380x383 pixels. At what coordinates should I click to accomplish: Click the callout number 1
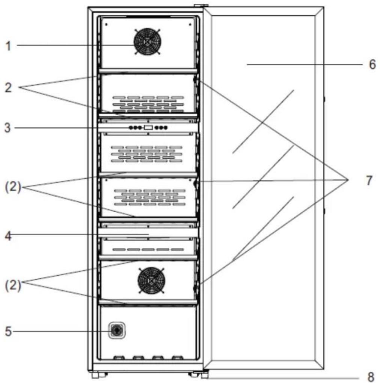9,46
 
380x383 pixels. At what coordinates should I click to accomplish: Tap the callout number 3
8,128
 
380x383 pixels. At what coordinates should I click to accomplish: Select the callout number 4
8,236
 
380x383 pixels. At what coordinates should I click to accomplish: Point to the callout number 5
8,332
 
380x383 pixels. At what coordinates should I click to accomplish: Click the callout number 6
372,65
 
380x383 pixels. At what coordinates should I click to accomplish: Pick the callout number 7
369,180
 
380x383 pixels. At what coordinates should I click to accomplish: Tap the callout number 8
371,377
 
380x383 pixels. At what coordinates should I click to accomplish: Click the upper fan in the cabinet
147,42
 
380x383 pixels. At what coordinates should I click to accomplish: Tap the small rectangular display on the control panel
148,128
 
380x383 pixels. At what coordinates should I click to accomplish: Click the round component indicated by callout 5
117,331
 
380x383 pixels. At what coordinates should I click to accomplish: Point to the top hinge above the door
201,5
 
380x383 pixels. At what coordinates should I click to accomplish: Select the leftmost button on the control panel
131,128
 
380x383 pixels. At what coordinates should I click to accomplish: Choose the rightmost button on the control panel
166,128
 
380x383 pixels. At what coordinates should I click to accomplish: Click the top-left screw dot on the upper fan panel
106,24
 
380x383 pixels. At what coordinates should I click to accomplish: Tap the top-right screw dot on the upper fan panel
190,24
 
